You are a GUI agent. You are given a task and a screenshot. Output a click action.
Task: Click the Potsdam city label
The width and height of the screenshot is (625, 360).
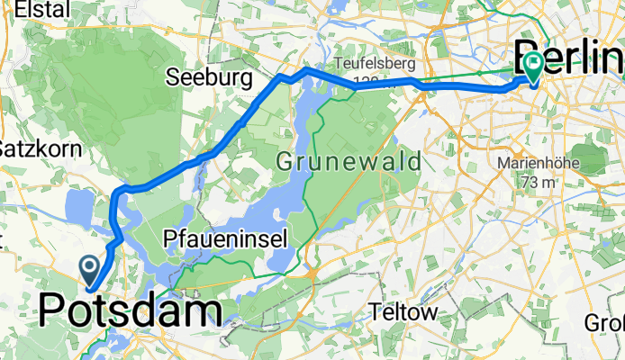pyautogui.click(x=131, y=311)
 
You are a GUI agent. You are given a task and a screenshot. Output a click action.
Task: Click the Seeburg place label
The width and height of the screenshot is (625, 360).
pyautogui.click(x=209, y=79)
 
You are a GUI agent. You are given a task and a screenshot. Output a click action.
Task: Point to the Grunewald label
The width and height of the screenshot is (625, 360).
pyautogui.click(x=349, y=162)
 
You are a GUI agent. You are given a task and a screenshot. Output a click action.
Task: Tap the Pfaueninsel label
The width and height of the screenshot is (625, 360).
pyautogui.click(x=226, y=238)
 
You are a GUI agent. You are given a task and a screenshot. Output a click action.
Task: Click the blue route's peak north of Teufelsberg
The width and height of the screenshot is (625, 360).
pyautogui.click(x=307, y=68)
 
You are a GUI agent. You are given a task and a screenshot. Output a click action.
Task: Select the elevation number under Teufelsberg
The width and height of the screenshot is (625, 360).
pyautogui.click(x=366, y=81)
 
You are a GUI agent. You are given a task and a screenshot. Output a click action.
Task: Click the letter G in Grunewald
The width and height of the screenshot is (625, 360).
pyautogui.click(x=285, y=162)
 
